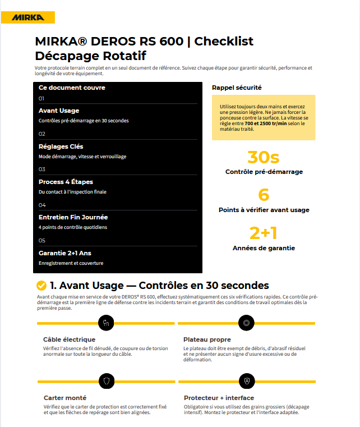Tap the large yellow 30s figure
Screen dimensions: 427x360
[x=263, y=157]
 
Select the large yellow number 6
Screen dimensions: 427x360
[x=264, y=195]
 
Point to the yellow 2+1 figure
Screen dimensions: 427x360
[x=264, y=233]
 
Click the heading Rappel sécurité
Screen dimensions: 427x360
[x=237, y=88]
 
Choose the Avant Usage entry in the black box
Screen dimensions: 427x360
[x=59, y=111]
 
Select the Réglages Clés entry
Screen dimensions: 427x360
[x=61, y=146]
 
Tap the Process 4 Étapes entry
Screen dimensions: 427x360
[x=66, y=182]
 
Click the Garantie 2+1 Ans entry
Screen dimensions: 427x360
[x=65, y=253]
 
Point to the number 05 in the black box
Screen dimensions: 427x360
[x=42, y=240]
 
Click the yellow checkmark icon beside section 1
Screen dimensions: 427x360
[x=41, y=286]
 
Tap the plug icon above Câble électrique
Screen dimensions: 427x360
[x=106, y=323]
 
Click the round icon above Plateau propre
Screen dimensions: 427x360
[x=246, y=323]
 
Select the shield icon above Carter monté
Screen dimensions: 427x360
[x=106, y=380]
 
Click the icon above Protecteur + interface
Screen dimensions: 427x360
[x=246, y=380]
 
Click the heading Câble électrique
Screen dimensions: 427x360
[x=69, y=339]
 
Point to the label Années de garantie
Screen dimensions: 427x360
[x=264, y=247]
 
